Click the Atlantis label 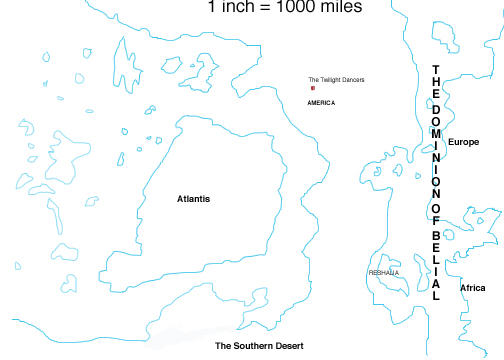[193, 199]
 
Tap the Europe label [463, 143]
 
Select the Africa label [472, 288]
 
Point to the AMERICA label [321, 103]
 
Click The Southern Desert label [259, 345]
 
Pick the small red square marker [312, 89]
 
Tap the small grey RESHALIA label [384, 272]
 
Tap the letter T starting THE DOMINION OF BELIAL [436, 69]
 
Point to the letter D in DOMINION [436, 107]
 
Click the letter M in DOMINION [436, 132]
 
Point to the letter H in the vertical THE [436, 81]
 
